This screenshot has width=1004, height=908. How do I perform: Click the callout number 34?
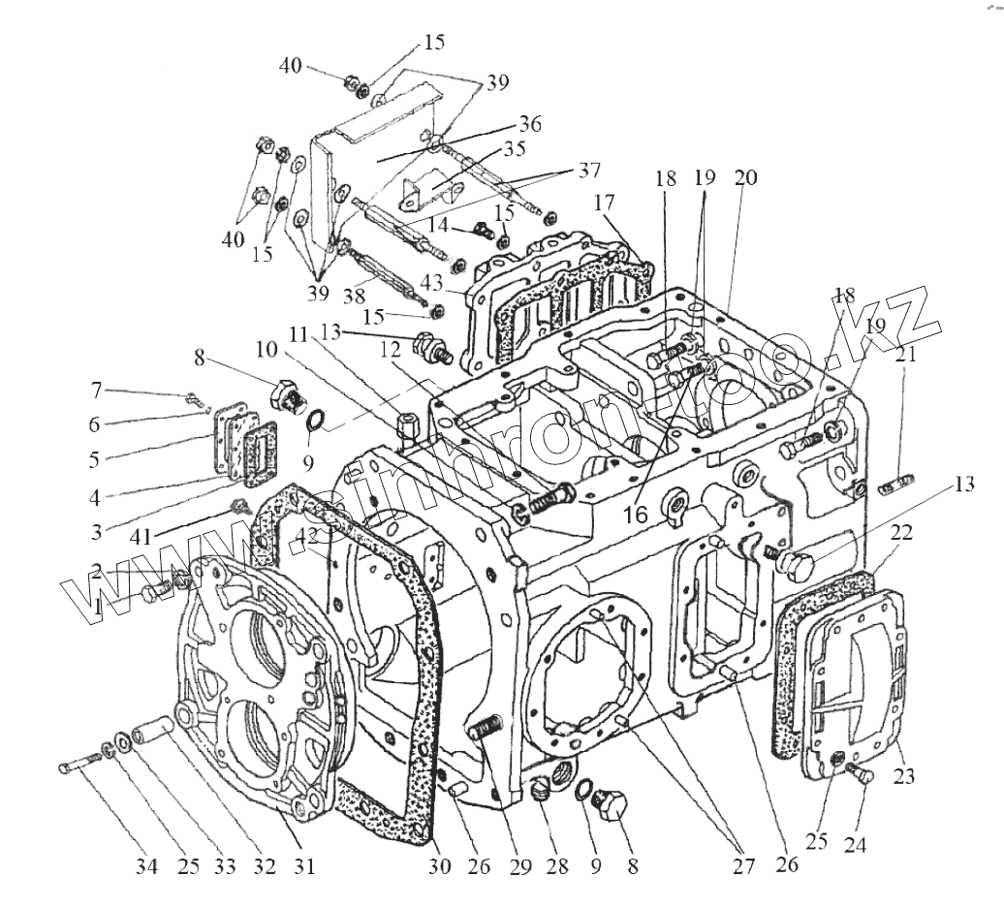point(145,865)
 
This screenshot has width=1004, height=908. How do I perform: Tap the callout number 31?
point(305,865)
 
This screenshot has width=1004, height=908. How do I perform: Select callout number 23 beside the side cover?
point(905,776)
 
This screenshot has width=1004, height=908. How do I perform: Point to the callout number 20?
point(746,178)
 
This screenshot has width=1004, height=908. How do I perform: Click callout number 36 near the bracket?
point(529,125)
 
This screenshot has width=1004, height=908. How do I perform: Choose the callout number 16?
point(636,515)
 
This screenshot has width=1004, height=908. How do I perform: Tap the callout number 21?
point(905,356)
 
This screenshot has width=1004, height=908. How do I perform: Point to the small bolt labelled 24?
point(858,772)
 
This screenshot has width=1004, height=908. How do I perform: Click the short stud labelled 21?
point(896,483)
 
